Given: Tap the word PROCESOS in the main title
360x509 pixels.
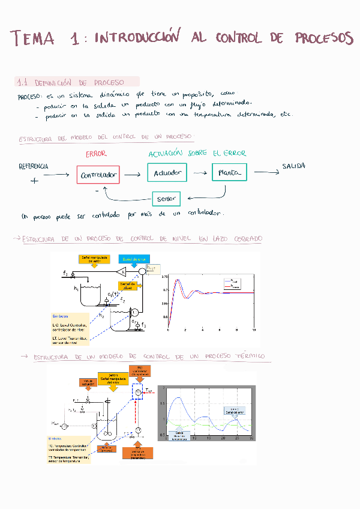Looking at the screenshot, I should coord(323,38).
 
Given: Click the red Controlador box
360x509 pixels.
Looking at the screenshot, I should coord(98,175).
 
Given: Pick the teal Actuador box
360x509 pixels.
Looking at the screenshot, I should coord(167,173).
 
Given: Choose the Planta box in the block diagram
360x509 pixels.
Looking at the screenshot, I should coord(229,173).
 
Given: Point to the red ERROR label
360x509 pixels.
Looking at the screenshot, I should coord(96,154).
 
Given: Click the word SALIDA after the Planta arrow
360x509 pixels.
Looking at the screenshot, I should coord(293,166).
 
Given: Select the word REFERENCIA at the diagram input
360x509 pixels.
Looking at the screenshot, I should coord(34,166).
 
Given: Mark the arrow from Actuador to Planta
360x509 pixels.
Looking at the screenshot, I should coord(199,173).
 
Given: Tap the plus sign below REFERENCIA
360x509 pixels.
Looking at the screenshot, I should coord(34,180).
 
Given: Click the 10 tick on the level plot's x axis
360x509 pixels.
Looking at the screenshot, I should coord(254,330).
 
